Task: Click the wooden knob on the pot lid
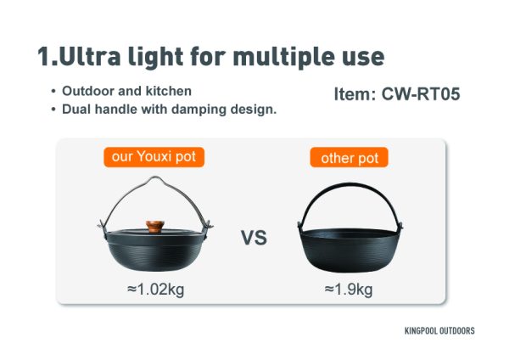point(155,227)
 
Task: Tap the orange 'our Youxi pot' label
point(154,157)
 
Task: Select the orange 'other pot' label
point(349,158)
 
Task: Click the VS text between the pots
point(255,238)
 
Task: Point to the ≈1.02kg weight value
point(156,290)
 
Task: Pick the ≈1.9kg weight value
point(349,290)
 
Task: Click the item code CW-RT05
point(421,94)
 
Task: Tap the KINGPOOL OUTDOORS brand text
point(439,331)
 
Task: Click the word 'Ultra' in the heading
point(90,57)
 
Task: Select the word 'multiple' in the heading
point(283,57)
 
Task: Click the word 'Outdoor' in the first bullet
point(87,91)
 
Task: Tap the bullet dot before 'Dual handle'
point(53,110)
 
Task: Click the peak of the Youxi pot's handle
point(155,177)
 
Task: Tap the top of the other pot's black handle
point(350,184)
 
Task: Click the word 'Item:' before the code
point(355,94)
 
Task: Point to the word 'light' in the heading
point(155,58)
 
